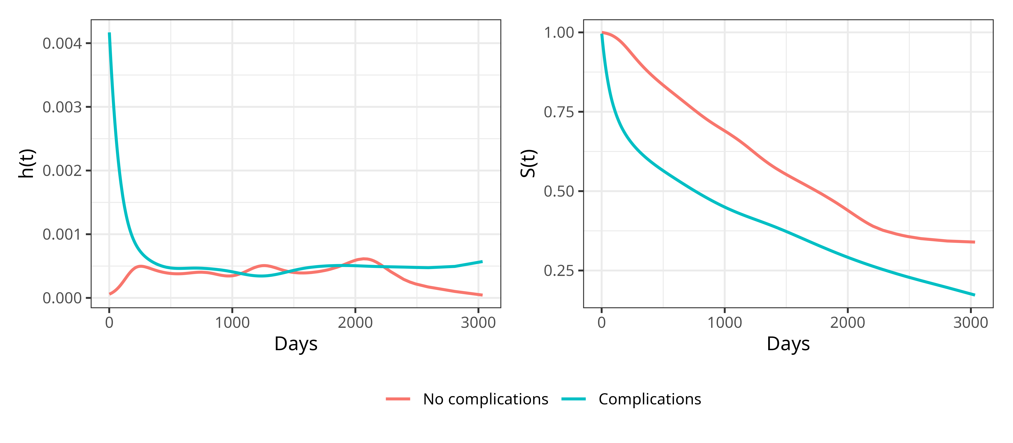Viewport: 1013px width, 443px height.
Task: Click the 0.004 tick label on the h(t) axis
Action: [x=62, y=44]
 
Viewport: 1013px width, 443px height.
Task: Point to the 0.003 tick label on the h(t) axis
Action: [x=62, y=107]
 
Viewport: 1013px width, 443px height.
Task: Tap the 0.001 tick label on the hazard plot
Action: [x=62, y=235]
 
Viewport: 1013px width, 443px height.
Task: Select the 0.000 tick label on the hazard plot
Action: [x=62, y=298]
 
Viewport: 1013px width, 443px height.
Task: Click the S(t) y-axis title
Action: [x=528, y=163]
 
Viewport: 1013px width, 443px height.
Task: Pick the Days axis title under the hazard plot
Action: [x=296, y=344]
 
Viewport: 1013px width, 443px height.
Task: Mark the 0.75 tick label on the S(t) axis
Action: [x=559, y=112]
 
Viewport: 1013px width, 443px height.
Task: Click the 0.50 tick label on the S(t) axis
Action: [x=559, y=192]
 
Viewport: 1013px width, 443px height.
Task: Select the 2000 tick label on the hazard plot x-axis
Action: [x=355, y=323]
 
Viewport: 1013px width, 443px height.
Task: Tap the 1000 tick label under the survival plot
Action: [x=724, y=323]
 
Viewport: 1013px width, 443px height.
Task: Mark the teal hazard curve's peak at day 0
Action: [x=109, y=34]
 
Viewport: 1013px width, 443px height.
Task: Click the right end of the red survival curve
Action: [x=974, y=242]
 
